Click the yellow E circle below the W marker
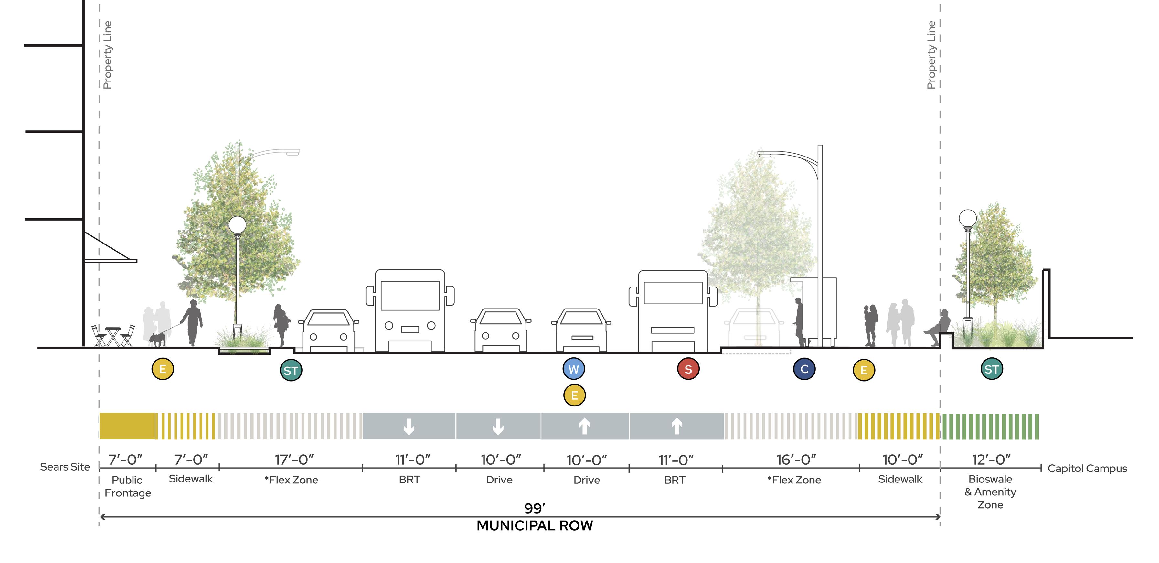(574, 395)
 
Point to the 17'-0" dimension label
(294, 460)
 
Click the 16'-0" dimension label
(796, 460)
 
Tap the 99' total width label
(535, 508)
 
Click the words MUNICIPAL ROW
(535, 525)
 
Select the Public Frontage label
(127, 486)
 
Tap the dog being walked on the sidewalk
(157, 339)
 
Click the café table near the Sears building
(113, 335)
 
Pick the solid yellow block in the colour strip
(127, 426)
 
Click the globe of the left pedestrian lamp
(237, 224)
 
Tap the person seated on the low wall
(939, 327)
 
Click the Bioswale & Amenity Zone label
(990, 492)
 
